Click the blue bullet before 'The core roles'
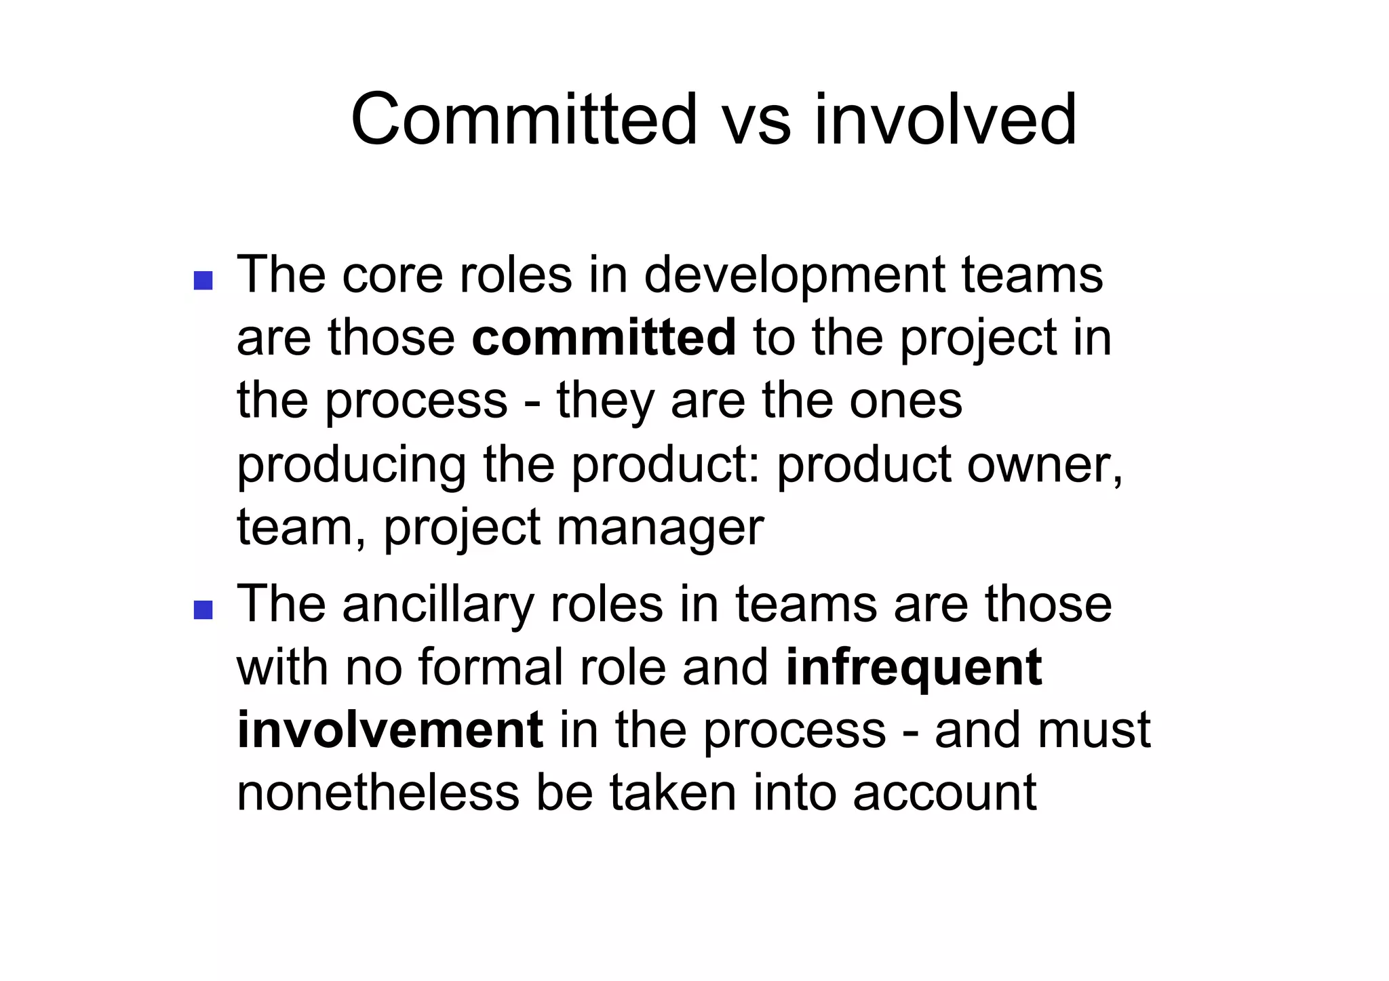203,279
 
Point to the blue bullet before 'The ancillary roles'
203,609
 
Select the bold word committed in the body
604,337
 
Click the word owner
1044,464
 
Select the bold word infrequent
914,668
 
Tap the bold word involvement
390,729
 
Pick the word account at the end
944,792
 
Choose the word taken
672,792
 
